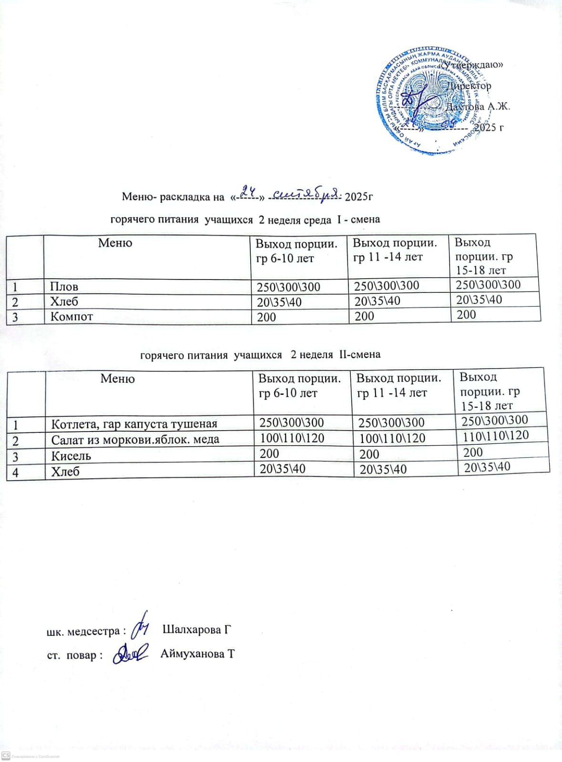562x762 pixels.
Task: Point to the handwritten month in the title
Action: [x=303, y=193]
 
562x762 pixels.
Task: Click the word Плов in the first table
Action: [x=64, y=287]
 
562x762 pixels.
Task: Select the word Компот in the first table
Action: [x=72, y=317]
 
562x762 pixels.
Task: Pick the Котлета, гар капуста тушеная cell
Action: [x=134, y=424]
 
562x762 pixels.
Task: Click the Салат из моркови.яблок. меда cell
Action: [x=135, y=440]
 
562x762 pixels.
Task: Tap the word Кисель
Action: [x=71, y=456]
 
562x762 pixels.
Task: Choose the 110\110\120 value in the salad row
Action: [x=496, y=435]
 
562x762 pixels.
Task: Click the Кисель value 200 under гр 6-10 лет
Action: [x=269, y=453]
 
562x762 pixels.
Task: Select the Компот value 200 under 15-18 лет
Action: [x=466, y=315]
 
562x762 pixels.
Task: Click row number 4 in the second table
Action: [x=16, y=472]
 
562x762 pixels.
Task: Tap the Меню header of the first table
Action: [x=115, y=243]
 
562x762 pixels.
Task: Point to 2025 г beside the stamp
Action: [x=489, y=127]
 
